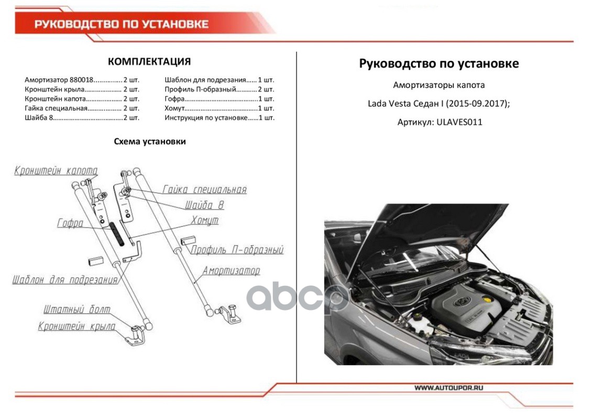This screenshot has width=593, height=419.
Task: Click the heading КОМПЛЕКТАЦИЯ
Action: [x=149, y=62]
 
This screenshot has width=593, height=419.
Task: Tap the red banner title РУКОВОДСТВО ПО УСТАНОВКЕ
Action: [x=122, y=24]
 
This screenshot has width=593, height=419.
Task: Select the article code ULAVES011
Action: [x=459, y=122]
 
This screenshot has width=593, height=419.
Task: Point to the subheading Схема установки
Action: [x=150, y=141]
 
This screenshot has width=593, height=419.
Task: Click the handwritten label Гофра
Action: [x=70, y=224]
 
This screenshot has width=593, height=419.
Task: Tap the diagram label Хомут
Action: [x=205, y=220]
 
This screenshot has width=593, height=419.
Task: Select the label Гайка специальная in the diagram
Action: [x=204, y=190]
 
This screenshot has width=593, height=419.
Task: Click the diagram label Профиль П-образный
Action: [x=237, y=250]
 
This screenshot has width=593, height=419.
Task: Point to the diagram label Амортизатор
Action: [x=231, y=271]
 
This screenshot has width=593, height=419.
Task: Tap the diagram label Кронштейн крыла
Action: [x=76, y=326]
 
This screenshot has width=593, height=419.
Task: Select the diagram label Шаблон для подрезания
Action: [x=65, y=280]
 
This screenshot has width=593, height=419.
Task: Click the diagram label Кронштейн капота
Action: [x=56, y=171]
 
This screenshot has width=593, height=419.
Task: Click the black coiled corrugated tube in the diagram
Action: [x=118, y=234]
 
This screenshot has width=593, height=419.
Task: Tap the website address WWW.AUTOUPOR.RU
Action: [x=448, y=388]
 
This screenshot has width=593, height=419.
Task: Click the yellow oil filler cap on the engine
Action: [x=488, y=301]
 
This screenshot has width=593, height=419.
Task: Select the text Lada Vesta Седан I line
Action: [x=438, y=103]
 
